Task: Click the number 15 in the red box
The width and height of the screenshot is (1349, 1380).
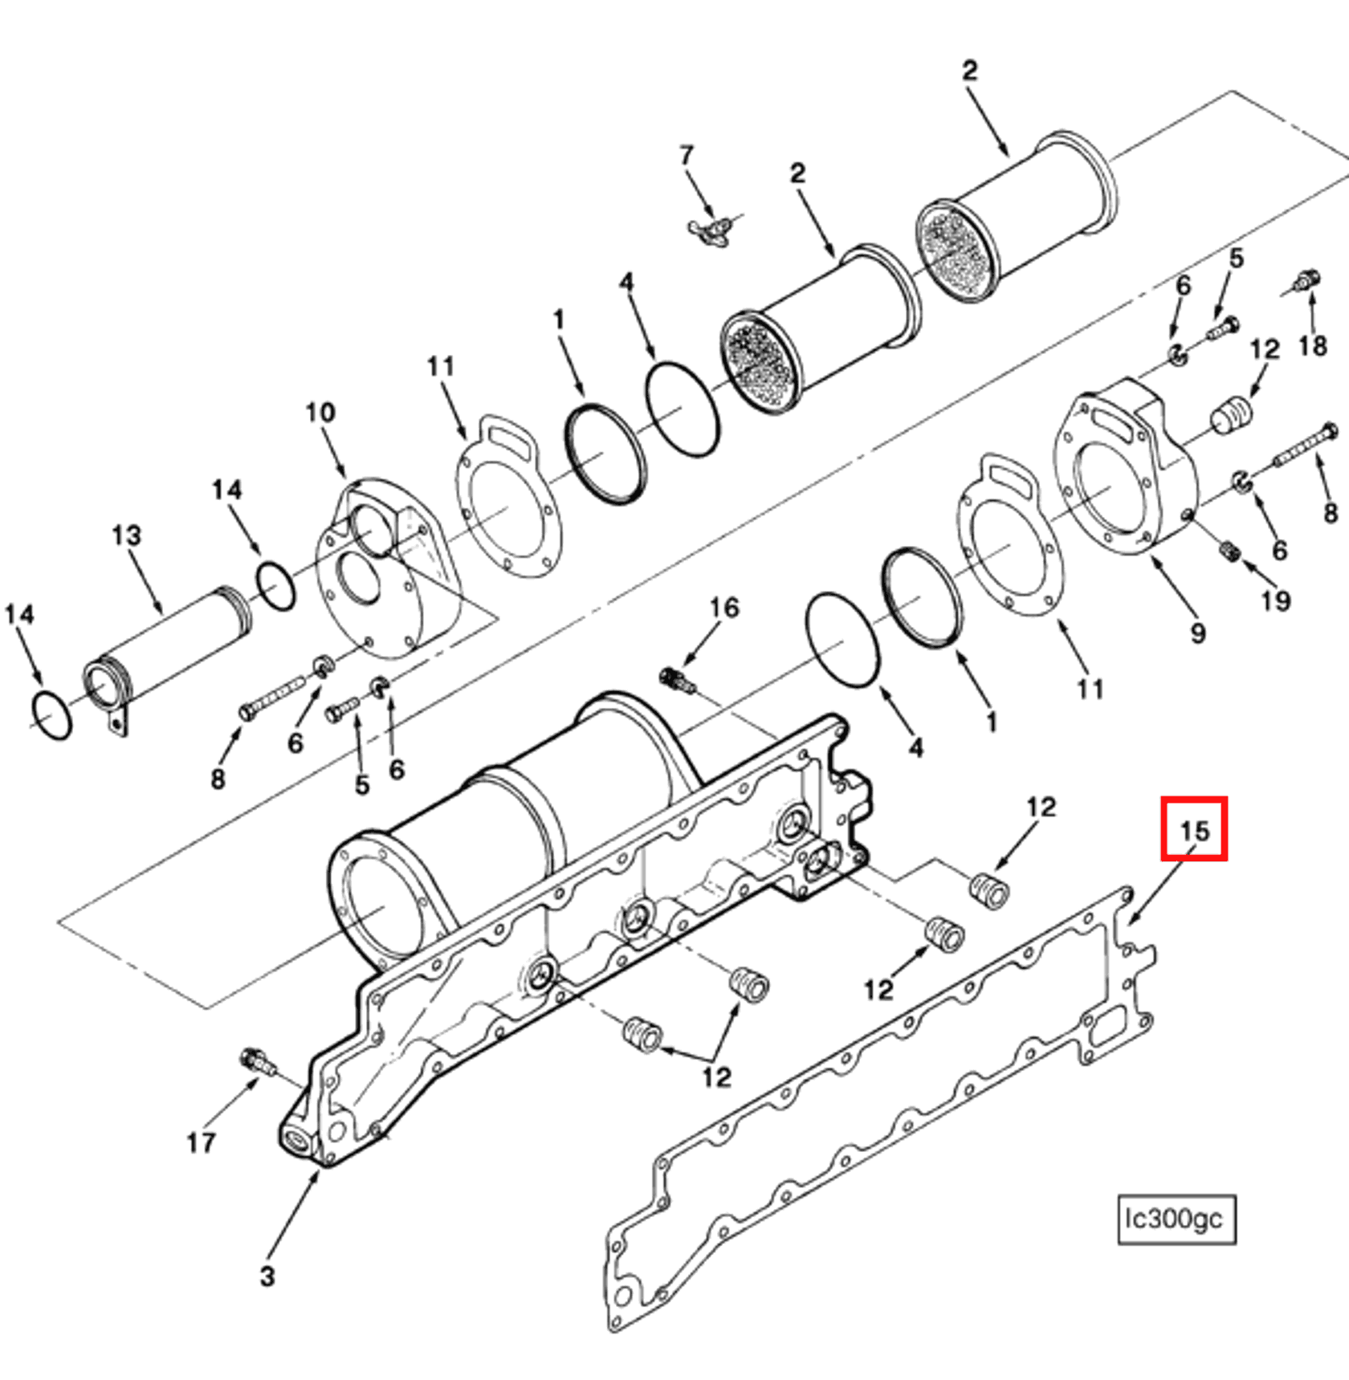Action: tap(1194, 829)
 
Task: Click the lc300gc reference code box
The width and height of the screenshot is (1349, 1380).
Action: tap(1176, 1219)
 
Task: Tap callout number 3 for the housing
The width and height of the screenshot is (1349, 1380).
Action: tap(267, 1276)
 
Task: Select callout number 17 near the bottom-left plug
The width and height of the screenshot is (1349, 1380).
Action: tap(201, 1142)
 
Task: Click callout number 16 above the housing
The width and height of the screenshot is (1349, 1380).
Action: tap(724, 608)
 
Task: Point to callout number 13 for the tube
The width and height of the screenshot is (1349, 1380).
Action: tap(127, 535)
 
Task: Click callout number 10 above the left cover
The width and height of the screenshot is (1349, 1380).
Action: tap(320, 413)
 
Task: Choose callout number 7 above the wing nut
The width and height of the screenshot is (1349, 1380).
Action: tap(687, 155)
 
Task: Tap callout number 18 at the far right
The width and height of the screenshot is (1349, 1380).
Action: tap(1313, 346)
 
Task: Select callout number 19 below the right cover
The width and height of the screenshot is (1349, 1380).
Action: tap(1276, 600)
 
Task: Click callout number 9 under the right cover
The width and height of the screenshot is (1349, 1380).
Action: tap(1197, 633)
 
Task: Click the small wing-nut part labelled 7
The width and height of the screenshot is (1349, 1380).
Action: tap(709, 231)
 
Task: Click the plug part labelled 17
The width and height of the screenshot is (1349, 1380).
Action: tap(257, 1062)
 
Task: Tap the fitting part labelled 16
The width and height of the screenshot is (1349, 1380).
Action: tap(677, 680)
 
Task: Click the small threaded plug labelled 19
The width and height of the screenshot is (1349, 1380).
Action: tap(1230, 551)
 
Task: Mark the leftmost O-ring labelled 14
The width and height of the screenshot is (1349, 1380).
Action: tap(52, 715)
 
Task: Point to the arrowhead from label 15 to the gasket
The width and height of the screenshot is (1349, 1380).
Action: tap(1131, 920)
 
